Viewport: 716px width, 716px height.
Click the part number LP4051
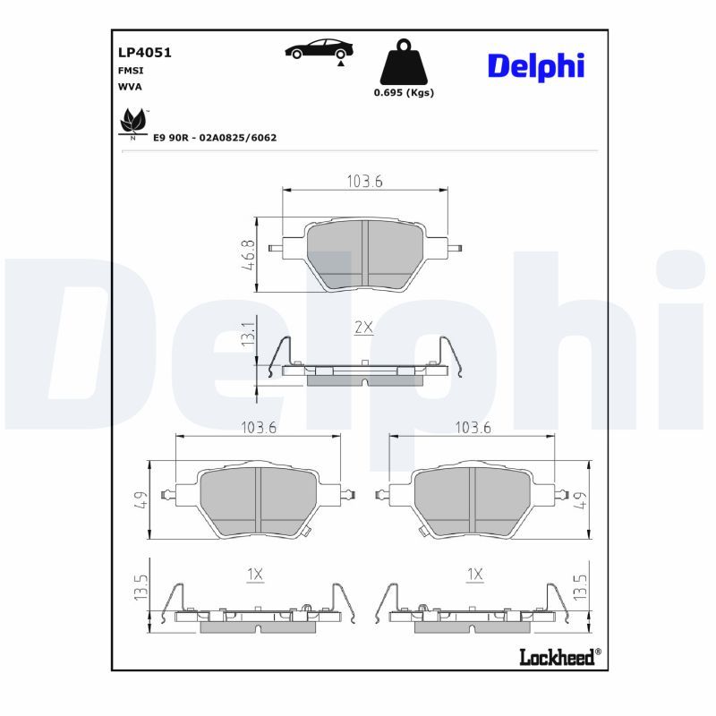[x=145, y=53]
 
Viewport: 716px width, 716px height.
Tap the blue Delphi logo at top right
[x=536, y=66]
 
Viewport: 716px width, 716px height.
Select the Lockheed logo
[x=560, y=657]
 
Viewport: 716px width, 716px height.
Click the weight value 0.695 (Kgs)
[x=404, y=93]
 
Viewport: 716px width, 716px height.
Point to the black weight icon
[x=404, y=62]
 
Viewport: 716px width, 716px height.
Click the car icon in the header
[x=320, y=49]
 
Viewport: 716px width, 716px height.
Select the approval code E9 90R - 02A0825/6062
[x=215, y=138]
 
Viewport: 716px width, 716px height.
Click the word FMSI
[x=131, y=71]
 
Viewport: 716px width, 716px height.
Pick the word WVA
[x=130, y=87]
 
